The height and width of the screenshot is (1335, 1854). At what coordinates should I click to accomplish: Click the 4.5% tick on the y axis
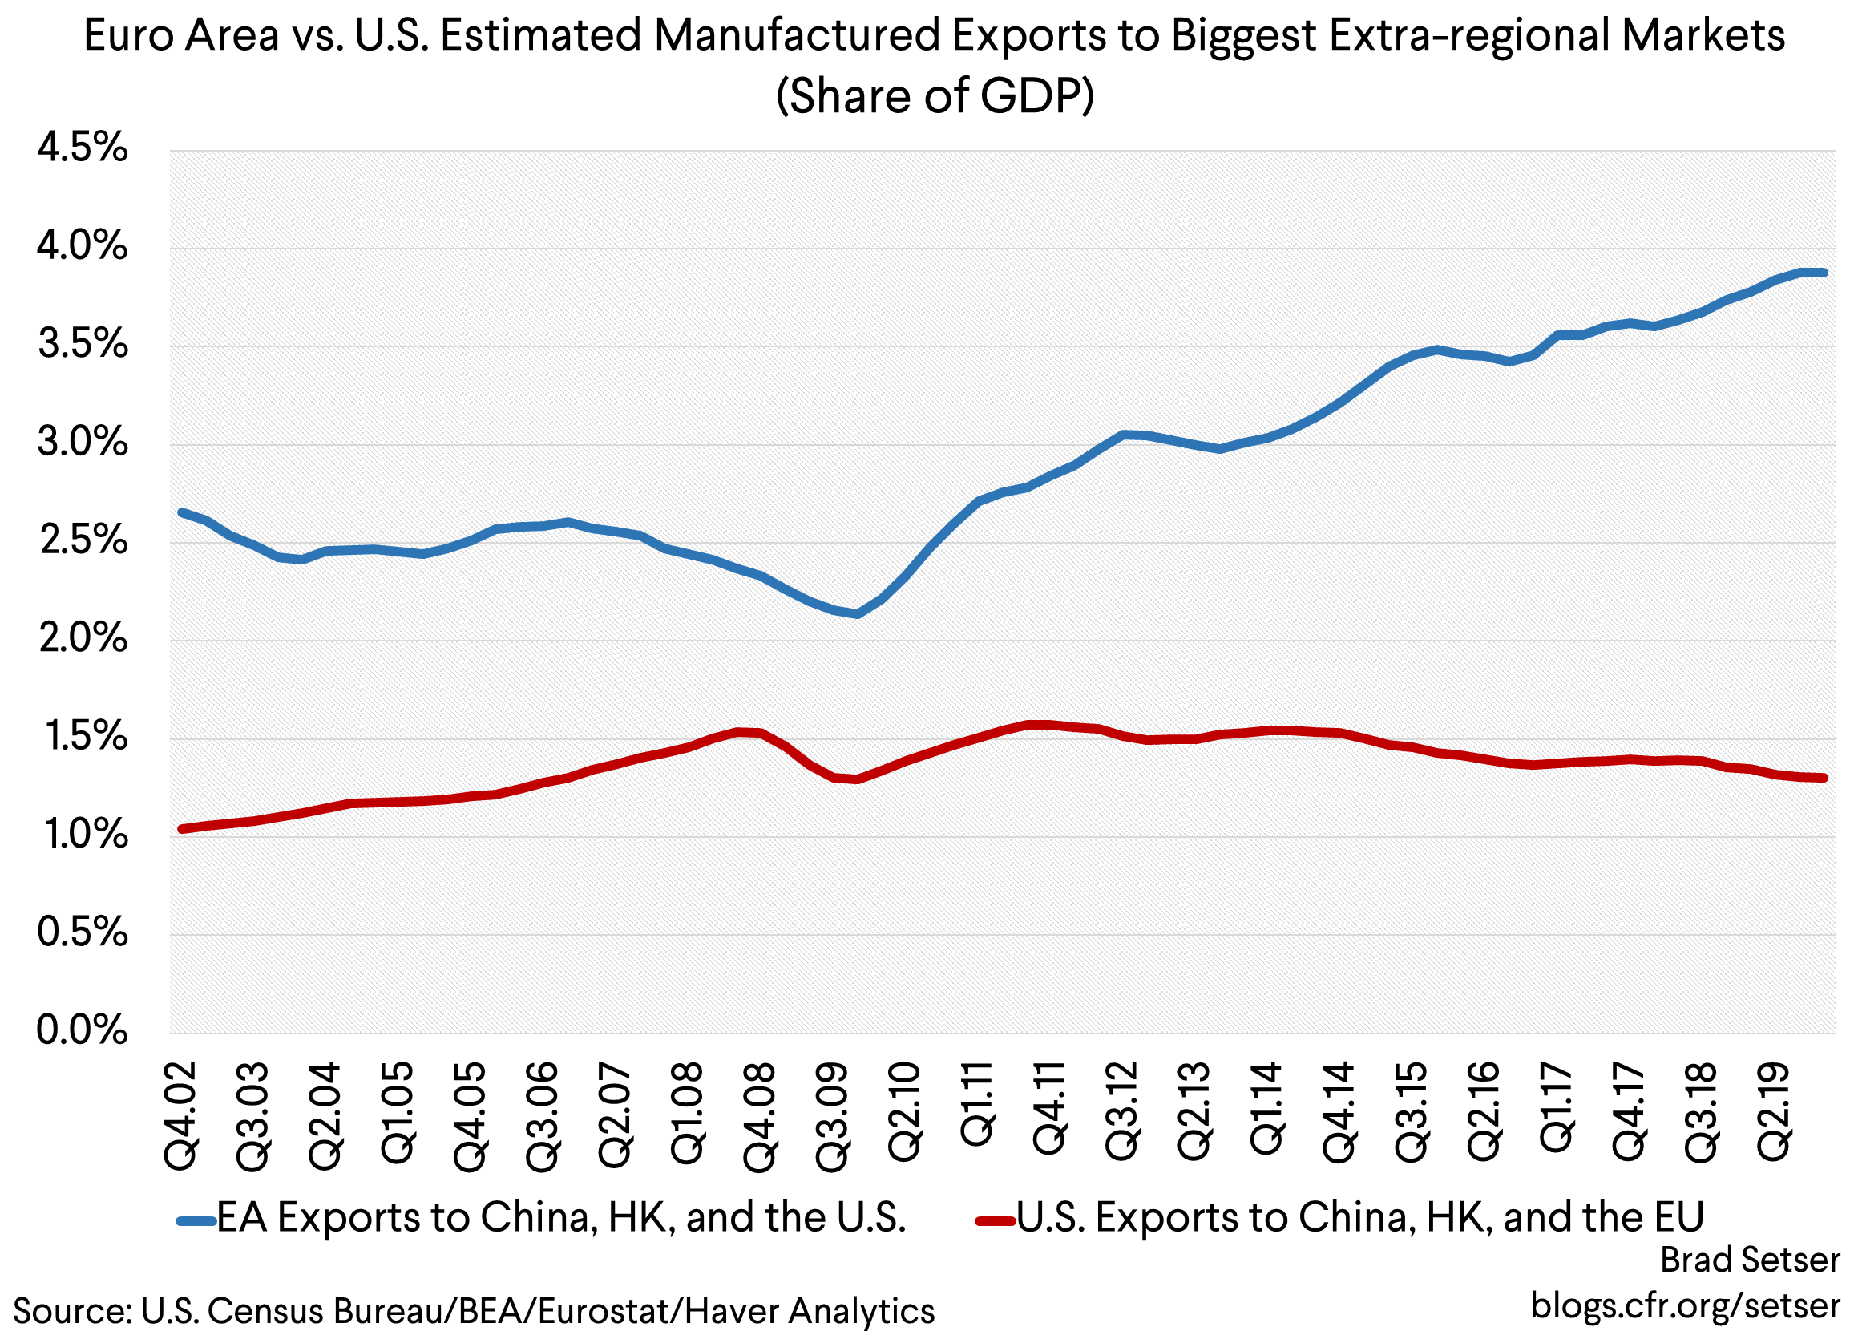pyautogui.click(x=83, y=149)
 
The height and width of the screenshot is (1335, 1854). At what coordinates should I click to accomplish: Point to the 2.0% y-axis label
pyautogui.click(x=83, y=638)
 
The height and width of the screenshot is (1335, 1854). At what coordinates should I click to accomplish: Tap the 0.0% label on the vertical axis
pyautogui.click(x=83, y=1030)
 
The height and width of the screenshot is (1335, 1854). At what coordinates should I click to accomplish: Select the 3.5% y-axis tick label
pyautogui.click(x=83, y=345)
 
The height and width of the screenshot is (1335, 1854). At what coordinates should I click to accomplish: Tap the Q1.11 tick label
pyautogui.click(x=978, y=1103)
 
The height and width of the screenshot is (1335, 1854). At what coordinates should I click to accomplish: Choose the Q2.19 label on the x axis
pyautogui.click(x=1774, y=1112)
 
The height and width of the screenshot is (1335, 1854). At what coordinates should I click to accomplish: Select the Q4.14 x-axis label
pyautogui.click(x=1340, y=1114)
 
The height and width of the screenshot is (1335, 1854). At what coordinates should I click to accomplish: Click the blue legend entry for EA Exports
pyautogui.click(x=542, y=1218)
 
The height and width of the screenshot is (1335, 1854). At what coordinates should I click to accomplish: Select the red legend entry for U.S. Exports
pyautogui.click(x=1341, y=1218)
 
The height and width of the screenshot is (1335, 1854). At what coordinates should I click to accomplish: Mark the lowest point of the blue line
pyautogui.click(x=856, y=613)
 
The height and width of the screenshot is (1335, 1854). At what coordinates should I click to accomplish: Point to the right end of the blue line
pyautogui.click(x=1824, y=273)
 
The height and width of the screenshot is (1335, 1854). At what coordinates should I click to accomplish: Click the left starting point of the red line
pyautogui.click(x=181, y=829)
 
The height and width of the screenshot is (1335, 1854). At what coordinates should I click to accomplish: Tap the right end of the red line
pyautogui.click(x=1824, y=778)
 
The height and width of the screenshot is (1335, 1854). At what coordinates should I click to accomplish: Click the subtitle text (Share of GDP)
pyautogui.click(x=934, y=95)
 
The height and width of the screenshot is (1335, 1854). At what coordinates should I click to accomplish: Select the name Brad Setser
pyautogui.click(x=1750, y=1260)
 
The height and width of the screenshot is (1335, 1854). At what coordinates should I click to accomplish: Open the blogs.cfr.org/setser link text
pyautogui.click(x=1685, y=1305)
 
